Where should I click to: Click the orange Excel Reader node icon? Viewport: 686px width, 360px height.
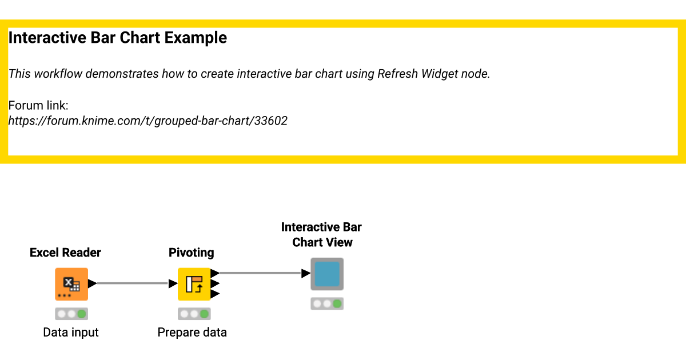[x=71, y=283]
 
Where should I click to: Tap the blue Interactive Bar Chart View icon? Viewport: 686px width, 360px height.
[x=327, y=274]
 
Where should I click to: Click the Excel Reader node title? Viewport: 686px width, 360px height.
[x=65, y=253]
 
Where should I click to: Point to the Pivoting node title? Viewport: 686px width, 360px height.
[x=192, y=253]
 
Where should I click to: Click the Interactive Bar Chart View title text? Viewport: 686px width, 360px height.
[x=322, y=235]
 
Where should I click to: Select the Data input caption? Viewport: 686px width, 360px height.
[x=71, y=333]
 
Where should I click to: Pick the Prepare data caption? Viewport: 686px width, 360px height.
[x=192, y=333]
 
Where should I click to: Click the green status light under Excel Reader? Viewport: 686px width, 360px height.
[x=82, y=314]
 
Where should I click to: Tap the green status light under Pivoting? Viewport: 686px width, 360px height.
[x=204, y=314]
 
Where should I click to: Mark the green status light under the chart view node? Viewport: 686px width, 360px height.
[x=337, y=304]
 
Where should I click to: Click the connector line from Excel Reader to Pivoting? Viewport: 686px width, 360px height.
[x=133, y=283]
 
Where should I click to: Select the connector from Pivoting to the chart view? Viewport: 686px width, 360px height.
[x=260, y=273]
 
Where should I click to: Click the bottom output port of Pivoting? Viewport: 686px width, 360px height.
[x=215, y=294]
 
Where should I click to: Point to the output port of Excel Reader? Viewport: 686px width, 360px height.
[x=92, y=283]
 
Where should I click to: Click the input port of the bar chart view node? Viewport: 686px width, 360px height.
[x=306, y=274]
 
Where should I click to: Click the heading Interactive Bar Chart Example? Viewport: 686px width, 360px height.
[x=118, y=38]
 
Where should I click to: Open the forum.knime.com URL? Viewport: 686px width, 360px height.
[x=147, y=121]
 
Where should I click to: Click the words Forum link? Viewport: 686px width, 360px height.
[x=38, y=106]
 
